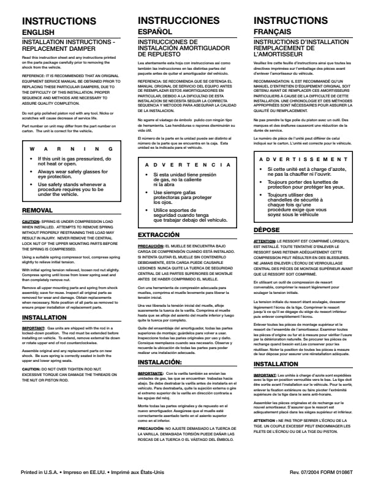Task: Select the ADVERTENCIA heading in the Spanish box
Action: (187, 165)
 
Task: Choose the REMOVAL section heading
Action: (37, 210)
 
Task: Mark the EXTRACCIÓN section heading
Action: (159, 235)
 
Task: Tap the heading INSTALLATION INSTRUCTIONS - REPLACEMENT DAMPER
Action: (67, 45)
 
